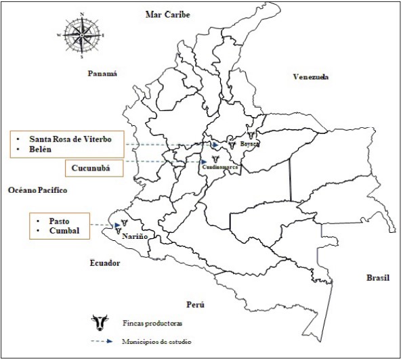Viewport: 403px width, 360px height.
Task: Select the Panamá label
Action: [102, 74]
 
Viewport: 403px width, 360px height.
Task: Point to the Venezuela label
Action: [311, 76]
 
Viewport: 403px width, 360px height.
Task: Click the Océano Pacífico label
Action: [38, 191]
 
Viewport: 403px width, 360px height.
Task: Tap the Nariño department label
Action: [135, 237]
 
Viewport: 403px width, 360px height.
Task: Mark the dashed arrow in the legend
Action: [102, 342]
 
